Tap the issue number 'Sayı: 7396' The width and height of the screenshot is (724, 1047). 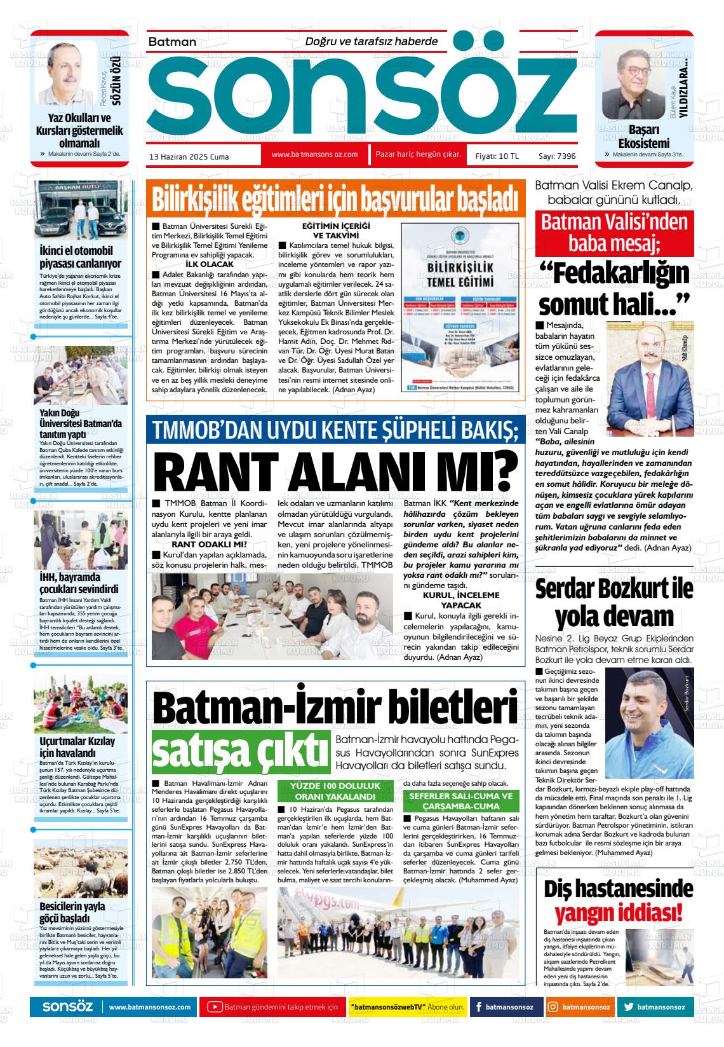(556, 156)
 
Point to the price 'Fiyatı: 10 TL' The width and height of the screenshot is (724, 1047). (497, 156)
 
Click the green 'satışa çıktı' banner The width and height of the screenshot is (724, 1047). (241, 751)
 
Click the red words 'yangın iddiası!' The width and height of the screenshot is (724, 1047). (619, 913)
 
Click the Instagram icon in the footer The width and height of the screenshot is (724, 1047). (554, 1007)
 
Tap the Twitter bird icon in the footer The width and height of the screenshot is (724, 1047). (629, 1007)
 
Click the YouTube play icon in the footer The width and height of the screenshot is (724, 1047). (215, 1007)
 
